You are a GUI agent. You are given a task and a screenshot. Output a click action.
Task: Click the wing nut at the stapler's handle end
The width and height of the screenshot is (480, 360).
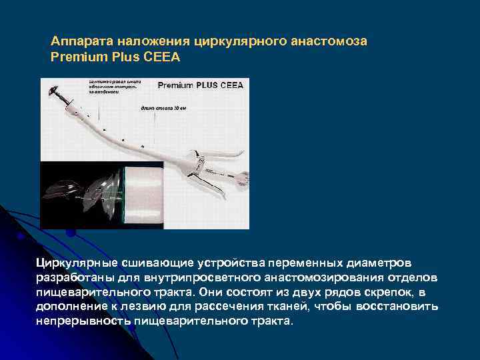tap(244, 179)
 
